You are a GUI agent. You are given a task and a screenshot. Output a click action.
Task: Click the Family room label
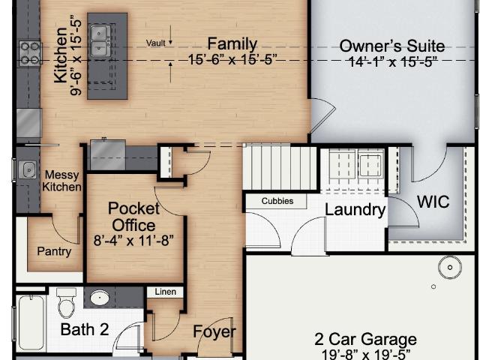(x=232, y=43)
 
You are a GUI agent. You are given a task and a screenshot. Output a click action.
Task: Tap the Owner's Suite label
(x=392, y=46)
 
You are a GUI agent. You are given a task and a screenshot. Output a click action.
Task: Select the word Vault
(x=155, y=43)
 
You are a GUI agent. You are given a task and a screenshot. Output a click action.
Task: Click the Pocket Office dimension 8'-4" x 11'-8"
(x=133, y=240)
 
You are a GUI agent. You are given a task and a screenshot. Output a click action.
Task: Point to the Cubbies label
(x=277, y=201)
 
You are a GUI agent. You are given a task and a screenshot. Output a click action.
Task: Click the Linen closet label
(x=165, y=292)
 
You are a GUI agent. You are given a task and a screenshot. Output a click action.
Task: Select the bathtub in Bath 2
(x=31, y=322)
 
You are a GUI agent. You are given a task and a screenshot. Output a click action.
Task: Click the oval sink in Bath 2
(x=100, y=298)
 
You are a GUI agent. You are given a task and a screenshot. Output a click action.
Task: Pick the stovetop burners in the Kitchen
(x=30, y=53)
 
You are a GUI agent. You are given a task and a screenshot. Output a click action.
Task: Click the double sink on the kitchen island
(x=100, y=40)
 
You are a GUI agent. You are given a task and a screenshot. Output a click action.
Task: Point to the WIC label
(x=433, y=202)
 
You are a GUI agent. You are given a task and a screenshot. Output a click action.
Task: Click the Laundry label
(x=355, y=210)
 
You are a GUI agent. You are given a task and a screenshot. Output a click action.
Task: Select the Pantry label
(x=54, y=251)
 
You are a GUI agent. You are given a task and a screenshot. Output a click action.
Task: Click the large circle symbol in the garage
(x=450, y=267)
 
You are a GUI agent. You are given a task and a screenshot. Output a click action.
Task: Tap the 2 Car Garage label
(x=365, y=339)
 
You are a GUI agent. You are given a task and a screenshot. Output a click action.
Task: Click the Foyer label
(x=214, y=331)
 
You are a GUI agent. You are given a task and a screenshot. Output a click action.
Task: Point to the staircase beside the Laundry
(x=280, y=168)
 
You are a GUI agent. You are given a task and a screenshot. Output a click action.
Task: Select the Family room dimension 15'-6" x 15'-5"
(x=232, y=59)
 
